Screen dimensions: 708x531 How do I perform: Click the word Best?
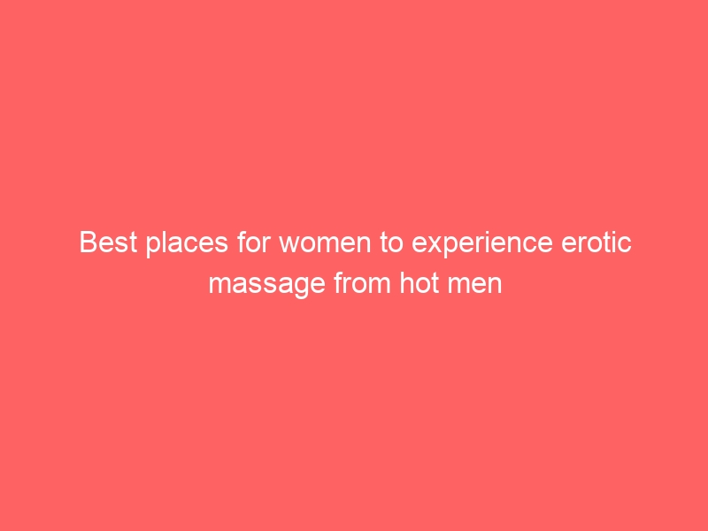(x=108, y=242)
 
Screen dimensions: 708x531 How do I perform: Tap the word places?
(x=187, y=244)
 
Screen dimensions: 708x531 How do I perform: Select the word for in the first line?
(x=253, y=242)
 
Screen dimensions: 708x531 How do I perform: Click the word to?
(x=391, y=242)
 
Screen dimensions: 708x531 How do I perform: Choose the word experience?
(x=482, y=244)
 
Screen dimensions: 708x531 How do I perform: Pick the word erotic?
(x=596, y=242)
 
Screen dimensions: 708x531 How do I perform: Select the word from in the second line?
(x=363, y=282)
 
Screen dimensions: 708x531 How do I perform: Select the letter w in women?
(x=290, y=244)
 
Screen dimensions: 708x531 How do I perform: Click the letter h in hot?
(x=406, y=282)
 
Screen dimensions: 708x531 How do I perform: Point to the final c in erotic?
(x=625, y=244)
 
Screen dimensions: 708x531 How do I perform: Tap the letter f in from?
(x=338, y=282)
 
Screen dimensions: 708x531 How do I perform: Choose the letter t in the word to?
(x=383, y=242)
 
